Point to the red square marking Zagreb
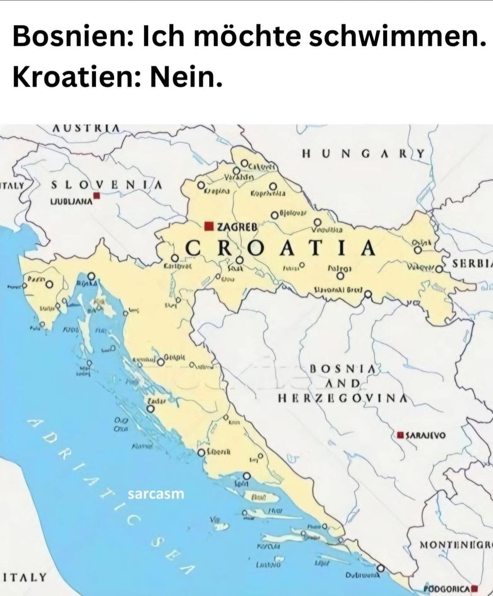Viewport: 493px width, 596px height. [x=210, y=226]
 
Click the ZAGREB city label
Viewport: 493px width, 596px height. [x=237, y=227]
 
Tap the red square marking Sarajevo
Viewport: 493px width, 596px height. [x=400, y=435]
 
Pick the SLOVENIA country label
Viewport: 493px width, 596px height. [x=106, y=185]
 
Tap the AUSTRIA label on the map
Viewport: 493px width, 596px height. [x=87, y=128]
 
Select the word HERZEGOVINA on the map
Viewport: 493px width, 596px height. [x=341, y=398]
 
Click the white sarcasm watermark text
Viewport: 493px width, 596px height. [x=156, y=494]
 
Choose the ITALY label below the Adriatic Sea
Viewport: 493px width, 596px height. [x=24, y=577]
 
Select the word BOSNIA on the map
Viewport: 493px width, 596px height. [x=343, y=368]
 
